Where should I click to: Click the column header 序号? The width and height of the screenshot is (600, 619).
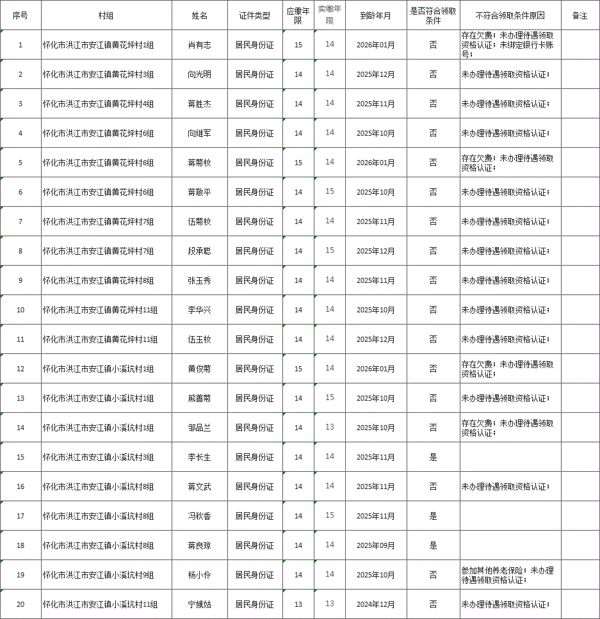point(20,15)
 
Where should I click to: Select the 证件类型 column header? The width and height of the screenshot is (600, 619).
point(254,15)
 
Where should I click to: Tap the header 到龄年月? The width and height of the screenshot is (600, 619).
point(375,15)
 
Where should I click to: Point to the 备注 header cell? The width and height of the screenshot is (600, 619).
point(580,15)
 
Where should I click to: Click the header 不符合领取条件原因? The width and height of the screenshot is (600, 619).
point(510,15)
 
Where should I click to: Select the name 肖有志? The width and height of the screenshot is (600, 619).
point(199,45)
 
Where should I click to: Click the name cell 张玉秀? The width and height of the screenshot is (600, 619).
point(199,280)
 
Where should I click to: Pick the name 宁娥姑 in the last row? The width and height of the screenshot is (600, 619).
point(199,604)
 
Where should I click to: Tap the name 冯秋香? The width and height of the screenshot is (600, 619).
point(199,516)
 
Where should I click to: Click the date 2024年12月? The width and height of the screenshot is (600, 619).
point(375,604)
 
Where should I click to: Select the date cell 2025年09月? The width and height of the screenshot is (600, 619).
point(375,545)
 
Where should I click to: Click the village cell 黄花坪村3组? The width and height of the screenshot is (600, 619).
point(98,74)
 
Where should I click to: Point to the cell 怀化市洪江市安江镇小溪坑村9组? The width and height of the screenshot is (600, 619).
point(98,575)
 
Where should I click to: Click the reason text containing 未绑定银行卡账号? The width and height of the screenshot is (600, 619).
point(507,45)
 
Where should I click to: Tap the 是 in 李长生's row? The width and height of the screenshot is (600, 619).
point(433,457)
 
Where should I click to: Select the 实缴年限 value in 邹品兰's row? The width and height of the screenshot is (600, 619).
point(330,427)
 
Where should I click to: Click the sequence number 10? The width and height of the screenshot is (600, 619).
point(20,310)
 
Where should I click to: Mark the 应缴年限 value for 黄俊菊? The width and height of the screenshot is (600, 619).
point(298,369)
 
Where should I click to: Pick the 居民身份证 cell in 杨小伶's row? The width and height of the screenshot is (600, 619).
point(254,575)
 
